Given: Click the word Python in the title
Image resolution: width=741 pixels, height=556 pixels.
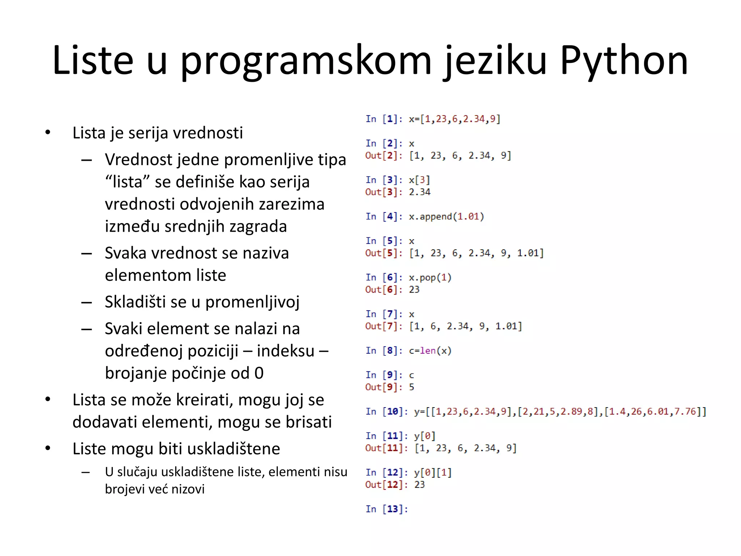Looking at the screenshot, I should click(x=624, y=60).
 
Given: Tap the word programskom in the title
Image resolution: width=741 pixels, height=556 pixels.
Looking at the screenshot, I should click(x=306, y=60).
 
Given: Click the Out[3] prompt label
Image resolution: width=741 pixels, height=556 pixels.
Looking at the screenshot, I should click(x=384, y=192).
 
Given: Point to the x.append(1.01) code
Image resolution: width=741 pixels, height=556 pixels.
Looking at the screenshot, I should click(x=446, y=216).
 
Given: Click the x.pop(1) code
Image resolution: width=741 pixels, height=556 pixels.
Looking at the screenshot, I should click(x=430, y=278).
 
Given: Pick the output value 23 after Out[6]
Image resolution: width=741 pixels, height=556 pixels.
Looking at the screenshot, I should click(x=414, y=290).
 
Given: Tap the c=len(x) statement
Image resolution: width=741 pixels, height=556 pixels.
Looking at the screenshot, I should click(x=430, y=351).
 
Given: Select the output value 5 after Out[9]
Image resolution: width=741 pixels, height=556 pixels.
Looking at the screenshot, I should click(x=411, y=387).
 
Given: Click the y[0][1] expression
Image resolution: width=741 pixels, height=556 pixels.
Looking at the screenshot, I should click(x=433, y=473).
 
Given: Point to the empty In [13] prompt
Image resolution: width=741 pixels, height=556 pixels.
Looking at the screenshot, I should click(x=386, y=509).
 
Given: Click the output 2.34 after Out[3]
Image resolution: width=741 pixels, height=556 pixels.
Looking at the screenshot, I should click(x=420, y=192).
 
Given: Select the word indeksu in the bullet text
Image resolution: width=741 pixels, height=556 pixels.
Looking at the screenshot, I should click(x=286, y=351).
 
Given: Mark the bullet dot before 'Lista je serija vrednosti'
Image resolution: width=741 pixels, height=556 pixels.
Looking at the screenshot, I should click(x=48, y=133).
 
